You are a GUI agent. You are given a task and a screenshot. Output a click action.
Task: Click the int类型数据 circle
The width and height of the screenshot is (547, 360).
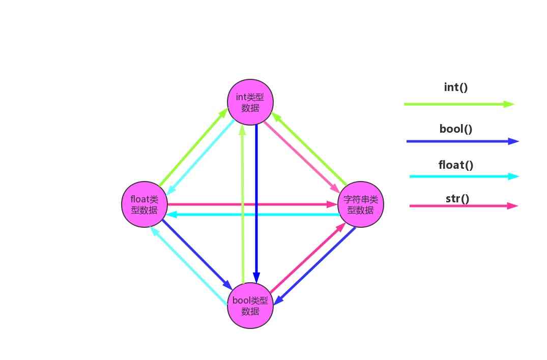tap(250, 102)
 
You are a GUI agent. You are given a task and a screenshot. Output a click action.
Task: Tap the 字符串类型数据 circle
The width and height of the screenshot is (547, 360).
tap(361, 204)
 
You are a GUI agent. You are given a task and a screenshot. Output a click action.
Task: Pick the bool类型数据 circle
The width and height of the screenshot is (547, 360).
tap(250, 306)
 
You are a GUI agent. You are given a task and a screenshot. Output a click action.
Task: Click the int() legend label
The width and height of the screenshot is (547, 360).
tap(456, 87)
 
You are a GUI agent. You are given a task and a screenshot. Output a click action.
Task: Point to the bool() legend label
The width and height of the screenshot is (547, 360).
tap(456, 129)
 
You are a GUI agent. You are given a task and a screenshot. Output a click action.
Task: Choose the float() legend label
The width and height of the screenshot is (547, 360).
tap(456, 165)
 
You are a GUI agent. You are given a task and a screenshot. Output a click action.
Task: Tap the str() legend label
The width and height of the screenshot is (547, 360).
tap(457, 198)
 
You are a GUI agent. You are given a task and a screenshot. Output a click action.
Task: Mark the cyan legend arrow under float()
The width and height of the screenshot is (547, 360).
tap(464, 176)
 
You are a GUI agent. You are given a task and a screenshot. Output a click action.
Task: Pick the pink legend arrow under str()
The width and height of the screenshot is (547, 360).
tap(463, 206)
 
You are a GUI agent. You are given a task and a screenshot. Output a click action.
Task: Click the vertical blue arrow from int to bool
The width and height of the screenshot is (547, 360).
tap(256, 203)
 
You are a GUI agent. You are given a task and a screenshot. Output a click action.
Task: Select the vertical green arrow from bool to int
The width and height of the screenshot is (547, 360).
tap(243, 203)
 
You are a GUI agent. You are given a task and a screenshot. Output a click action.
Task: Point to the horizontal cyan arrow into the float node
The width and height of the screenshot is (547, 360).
tap(252, 215)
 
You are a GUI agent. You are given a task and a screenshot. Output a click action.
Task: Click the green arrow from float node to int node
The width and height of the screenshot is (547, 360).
tap(193, 147)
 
